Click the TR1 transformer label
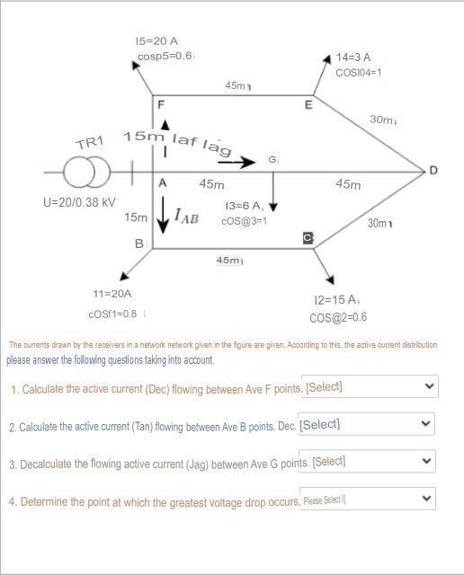tap(90, 143)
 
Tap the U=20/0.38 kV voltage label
tap(79, 201)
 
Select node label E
tap(308, 105)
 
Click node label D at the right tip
tap(433, 170)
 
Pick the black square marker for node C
tap(308, 237)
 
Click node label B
tap(138, 243)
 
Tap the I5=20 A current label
tap(156, 41)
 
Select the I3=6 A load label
tap(244, 206)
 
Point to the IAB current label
tap(187, 216)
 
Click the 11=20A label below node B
tap(112, 294)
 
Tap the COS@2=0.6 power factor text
tap(338, 317)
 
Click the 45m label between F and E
tap(236, 85)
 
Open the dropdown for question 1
tap(370, 387)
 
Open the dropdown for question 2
tap(365, 424)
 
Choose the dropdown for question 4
tap(368, 499)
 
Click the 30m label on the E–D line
tap(383, 119)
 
